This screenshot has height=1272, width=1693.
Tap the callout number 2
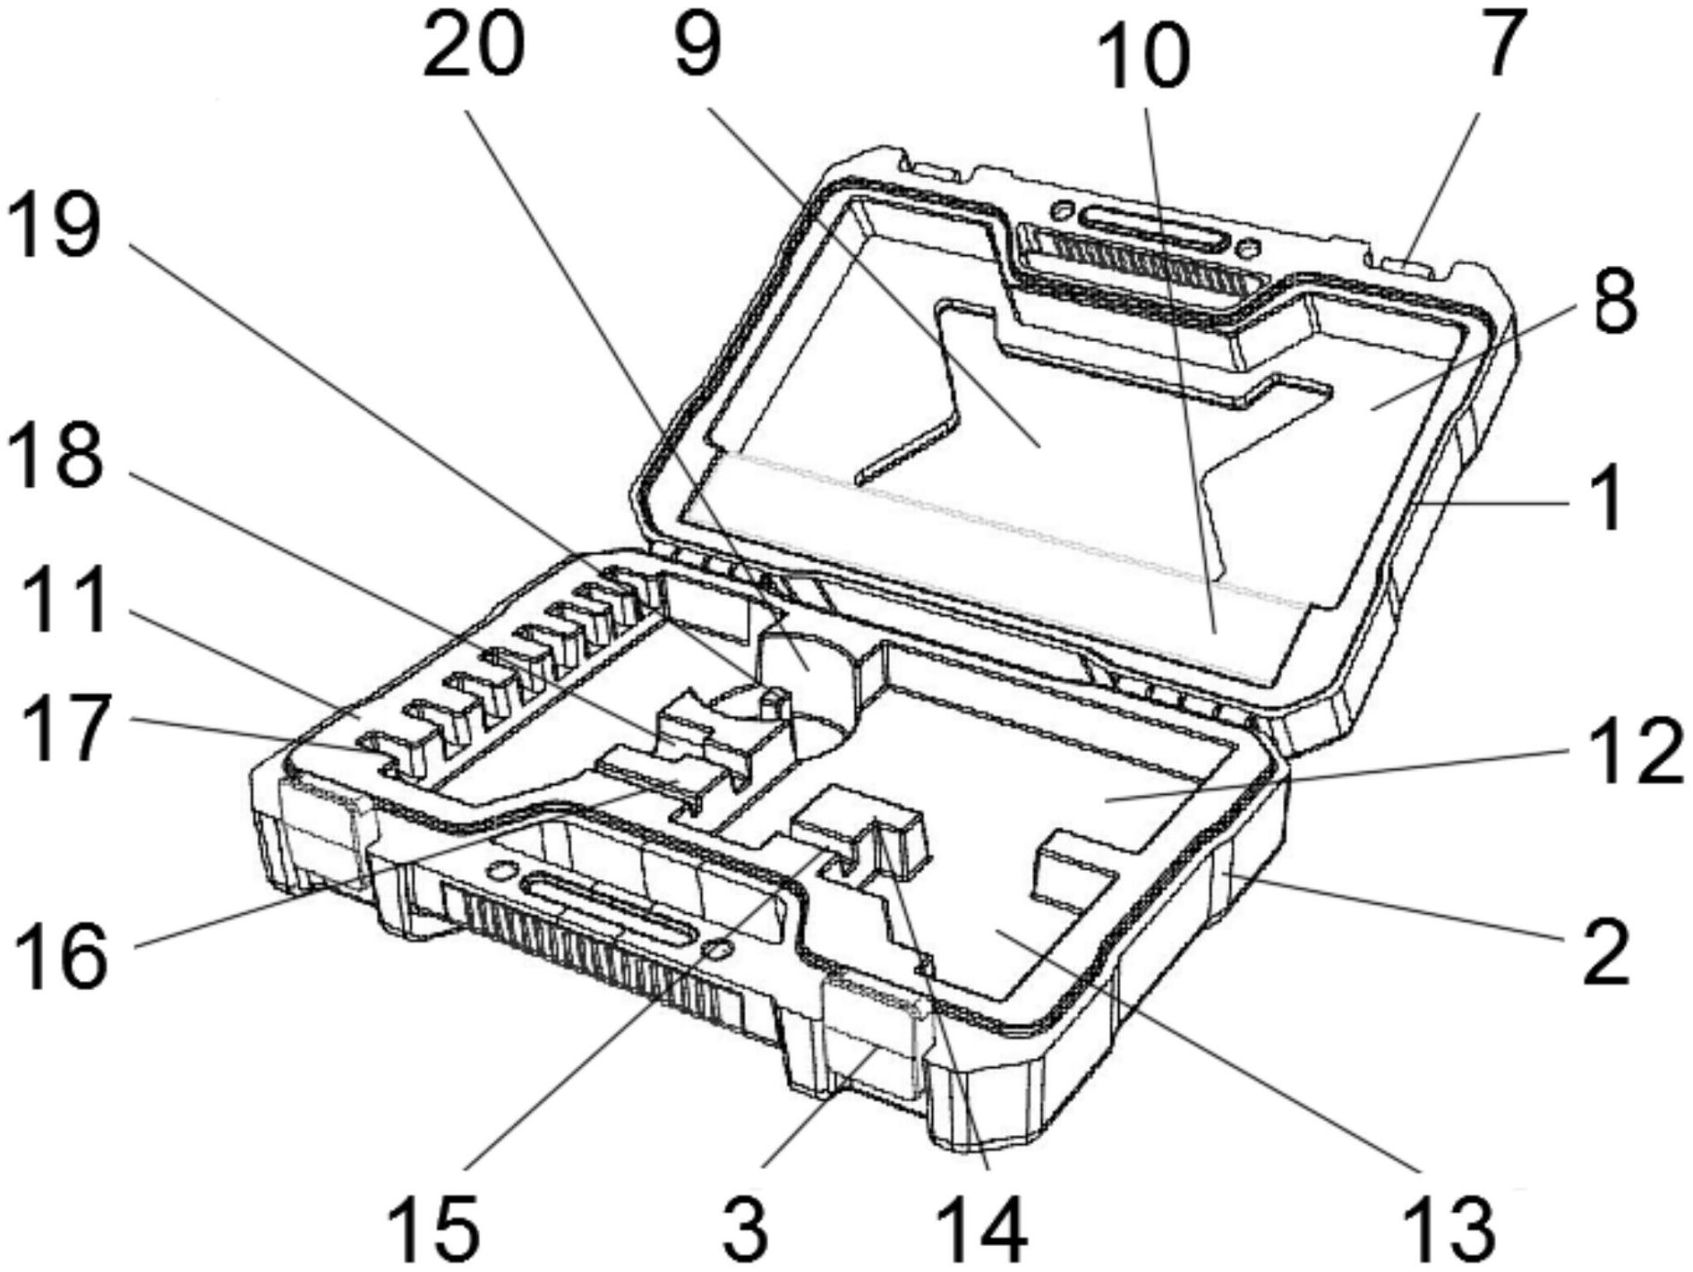(1606, 954)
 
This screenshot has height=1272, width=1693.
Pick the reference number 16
(63, 958)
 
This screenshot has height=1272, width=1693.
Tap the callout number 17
(67, 730)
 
